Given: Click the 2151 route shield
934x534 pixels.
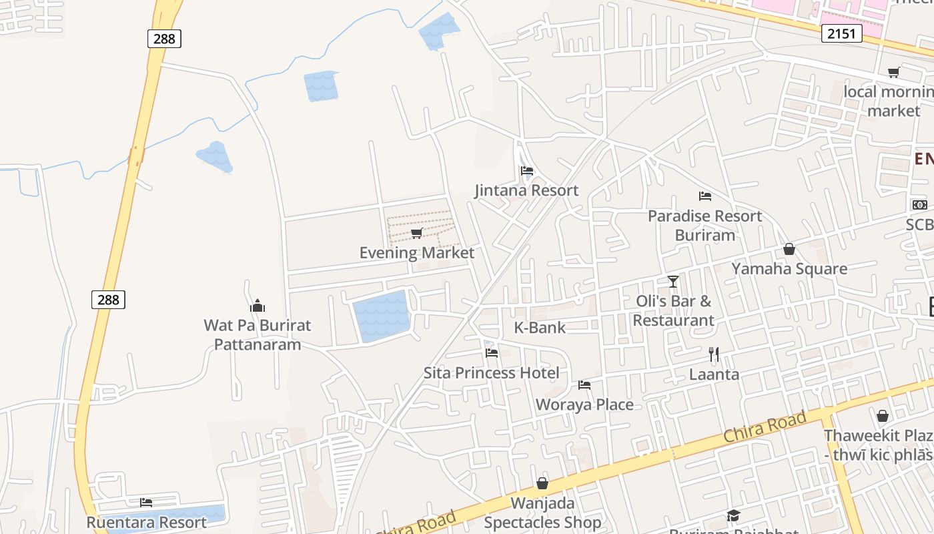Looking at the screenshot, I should pyautogui.click(x=841, y=33).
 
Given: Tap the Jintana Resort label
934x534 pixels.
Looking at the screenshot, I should pyautogui.click(x=526, y=190).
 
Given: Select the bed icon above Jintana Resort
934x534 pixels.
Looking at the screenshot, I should pyautogui.click(x=527, y=171).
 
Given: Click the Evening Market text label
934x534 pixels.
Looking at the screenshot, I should pyautogui.click(x=417, y=253).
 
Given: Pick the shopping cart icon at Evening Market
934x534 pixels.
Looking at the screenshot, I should pyautogui.click(x=417, y=233).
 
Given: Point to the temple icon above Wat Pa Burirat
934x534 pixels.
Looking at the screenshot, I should pyautogui.click(x=258, y=306).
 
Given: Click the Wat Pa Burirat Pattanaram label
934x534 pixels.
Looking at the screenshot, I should pyautogui.click(x=258, y=335).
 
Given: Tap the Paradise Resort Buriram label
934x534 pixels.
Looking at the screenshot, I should pyautogui.click(x=705, y=226).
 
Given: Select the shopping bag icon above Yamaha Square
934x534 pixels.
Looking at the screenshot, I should pyautogui.click(x=789, y=249).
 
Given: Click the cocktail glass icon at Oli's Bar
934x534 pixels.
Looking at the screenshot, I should pyautogui.click(x=673, y=281).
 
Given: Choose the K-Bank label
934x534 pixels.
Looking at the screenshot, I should pyautogui.click(x=540, y=328).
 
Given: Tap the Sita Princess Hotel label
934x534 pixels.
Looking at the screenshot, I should pyautogui.click(x=492, y=372).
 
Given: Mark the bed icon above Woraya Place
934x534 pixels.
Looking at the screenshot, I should pyautogui.click(x=584, y=385).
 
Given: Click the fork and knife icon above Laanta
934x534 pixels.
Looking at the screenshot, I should pyautogui.click(x=714, y=354).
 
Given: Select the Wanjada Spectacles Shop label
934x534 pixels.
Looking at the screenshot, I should pyautogui.click(x=542, y=512).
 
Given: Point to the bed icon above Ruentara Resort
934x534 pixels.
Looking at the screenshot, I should pyautogui.click(x=146, y=503).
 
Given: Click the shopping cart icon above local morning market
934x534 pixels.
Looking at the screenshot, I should pyautogui.click(x=893, y=72).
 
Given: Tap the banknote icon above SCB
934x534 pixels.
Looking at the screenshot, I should pyautogui.click(x=920, y=205).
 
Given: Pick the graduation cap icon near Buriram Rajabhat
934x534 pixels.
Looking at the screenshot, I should pyautogui.click(x=733, y=515).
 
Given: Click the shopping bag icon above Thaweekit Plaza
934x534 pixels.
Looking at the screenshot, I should pyautogui.click(x=883, y=416).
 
